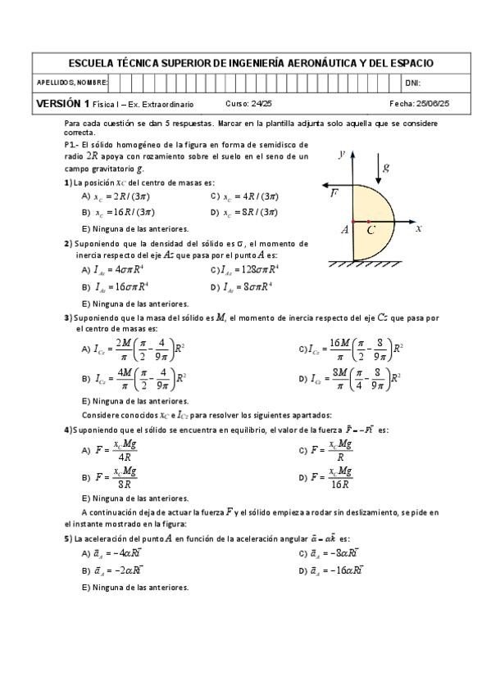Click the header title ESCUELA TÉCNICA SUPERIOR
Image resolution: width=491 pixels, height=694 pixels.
(x=251, y=63)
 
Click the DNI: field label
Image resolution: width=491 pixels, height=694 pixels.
(x=412, y=83)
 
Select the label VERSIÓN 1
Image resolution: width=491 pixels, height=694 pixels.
(x=62, y=103)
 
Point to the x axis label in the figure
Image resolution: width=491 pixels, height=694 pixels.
(x=418, y=228)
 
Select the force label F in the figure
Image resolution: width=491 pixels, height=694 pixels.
(x=334, y=194)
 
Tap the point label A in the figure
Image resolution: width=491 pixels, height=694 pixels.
(x=345, y=231)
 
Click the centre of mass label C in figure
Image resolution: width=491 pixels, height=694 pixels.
(x=371, y=232)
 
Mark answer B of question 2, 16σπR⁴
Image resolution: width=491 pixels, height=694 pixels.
(x=119, y=287)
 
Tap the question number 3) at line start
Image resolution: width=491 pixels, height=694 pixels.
(x=67, y=318)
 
